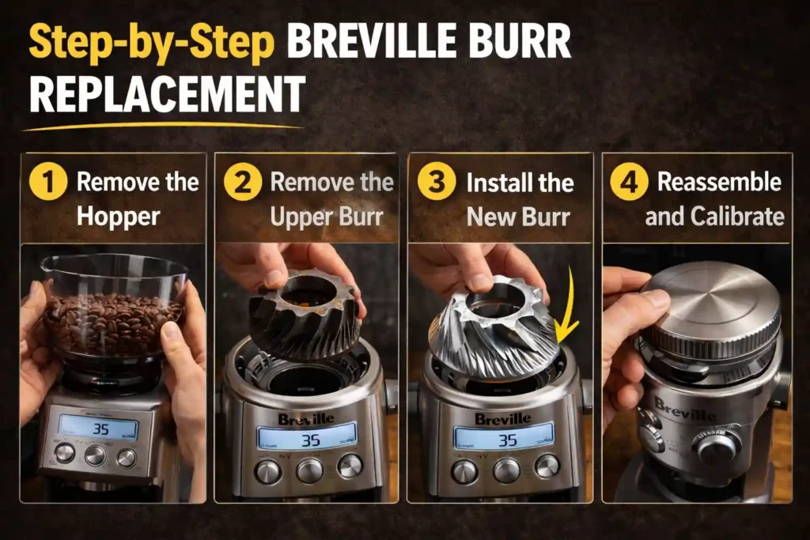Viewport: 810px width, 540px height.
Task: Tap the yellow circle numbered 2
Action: pyautogui.click(x=243, y=183)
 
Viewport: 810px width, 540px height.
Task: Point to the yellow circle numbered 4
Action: pyautogui.click(x=630, y=183)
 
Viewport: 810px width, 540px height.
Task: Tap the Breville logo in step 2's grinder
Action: pyautogui.click(x=305, y=419)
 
